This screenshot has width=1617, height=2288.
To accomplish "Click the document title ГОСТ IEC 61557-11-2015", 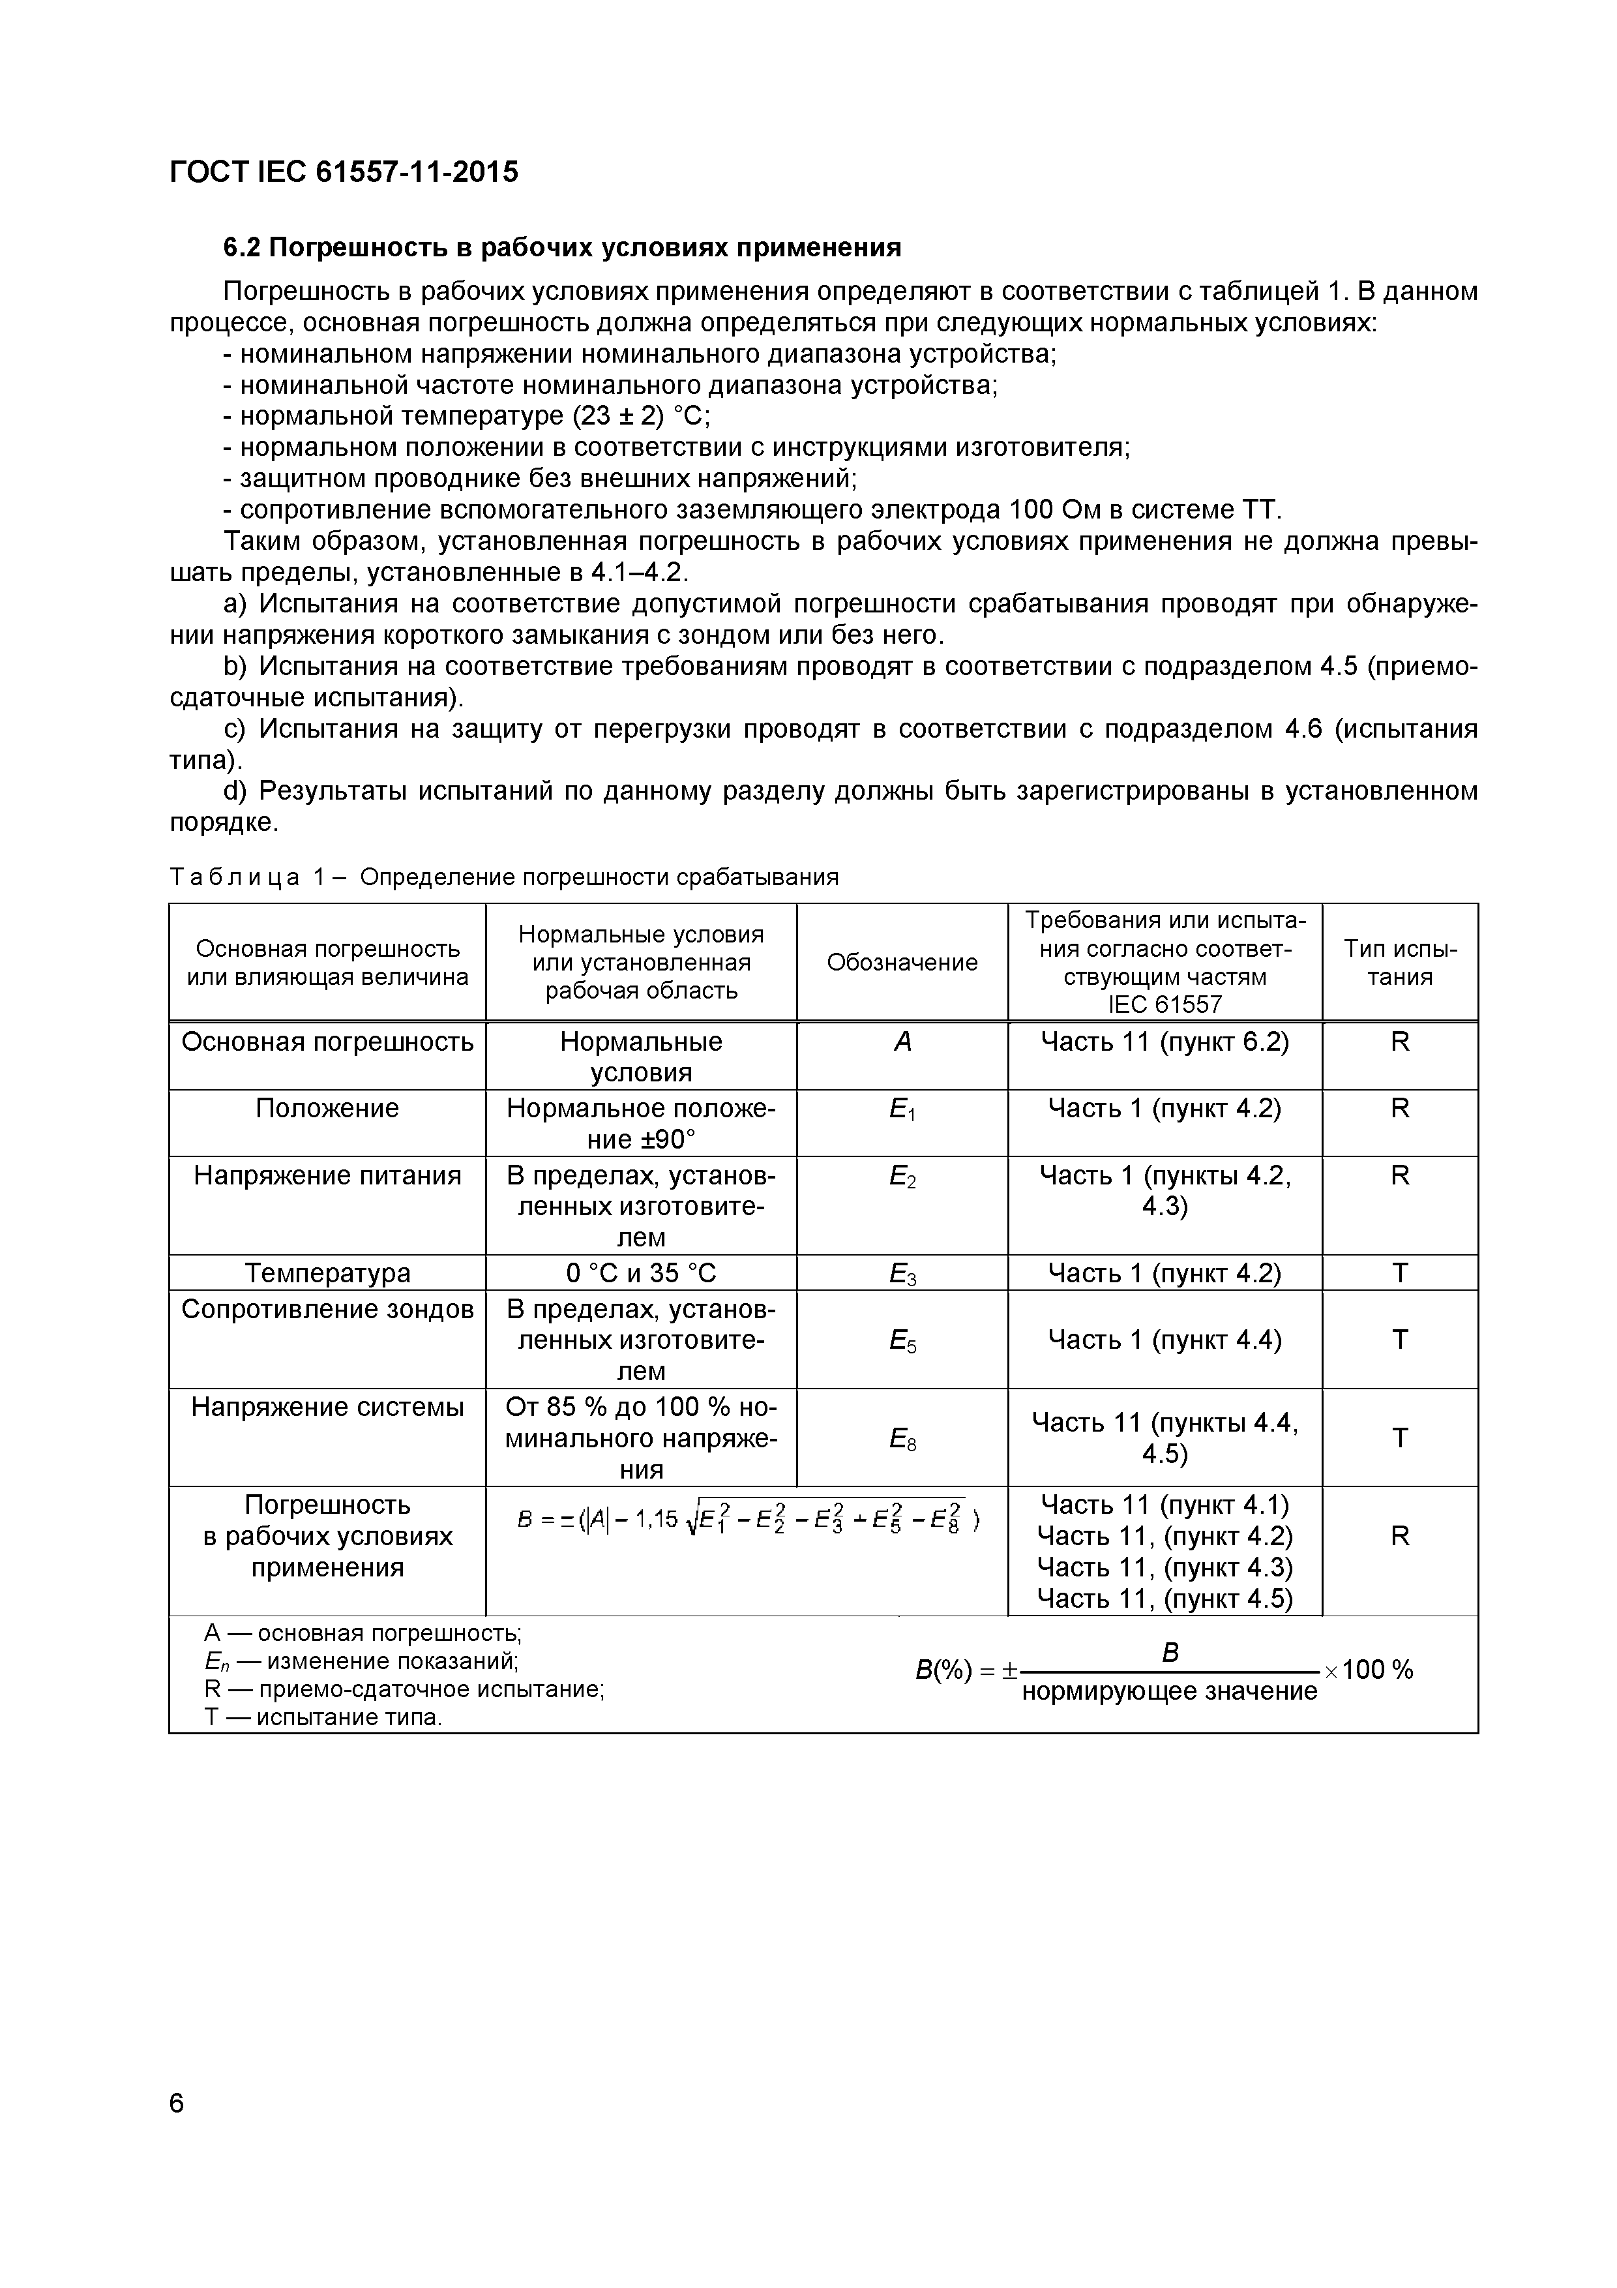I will coord(344,172).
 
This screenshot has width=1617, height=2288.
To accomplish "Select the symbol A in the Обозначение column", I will coord(902,1042).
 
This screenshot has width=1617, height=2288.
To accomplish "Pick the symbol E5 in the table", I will coord(902,1340).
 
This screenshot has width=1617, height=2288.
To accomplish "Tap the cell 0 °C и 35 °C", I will coord(641,1272).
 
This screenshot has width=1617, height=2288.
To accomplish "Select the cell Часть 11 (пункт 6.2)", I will coord(1164,1042).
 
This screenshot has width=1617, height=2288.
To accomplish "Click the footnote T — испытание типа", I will coord(323,1717).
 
